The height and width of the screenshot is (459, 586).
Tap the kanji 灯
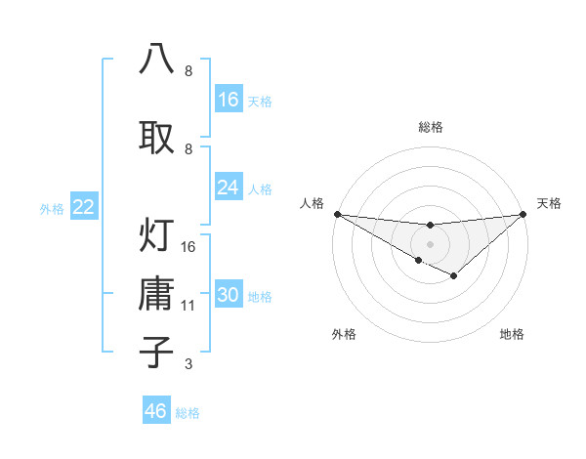point(157,234)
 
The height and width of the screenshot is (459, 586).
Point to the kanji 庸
point(157,294)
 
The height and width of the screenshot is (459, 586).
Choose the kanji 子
point(157,352)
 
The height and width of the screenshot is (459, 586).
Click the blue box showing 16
point(229,100)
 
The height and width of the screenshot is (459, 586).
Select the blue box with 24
point(229,188)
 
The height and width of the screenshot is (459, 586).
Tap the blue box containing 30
point(229,296)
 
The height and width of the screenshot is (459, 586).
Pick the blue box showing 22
point(84,207)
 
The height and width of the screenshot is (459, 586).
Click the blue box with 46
point(156,411)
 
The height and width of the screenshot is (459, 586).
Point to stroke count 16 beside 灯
point(189,247)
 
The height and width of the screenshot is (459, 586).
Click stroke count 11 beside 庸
point(189,306)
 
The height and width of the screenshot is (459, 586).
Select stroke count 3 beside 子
point(188,364)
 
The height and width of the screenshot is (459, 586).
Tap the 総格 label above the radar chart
point(430,127)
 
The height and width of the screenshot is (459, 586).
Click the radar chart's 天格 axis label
point(550,203)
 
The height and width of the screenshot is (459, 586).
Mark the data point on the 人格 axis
point(337,213)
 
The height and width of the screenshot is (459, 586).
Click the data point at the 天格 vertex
point(523,213)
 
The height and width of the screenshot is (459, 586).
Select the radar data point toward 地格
point(454,276)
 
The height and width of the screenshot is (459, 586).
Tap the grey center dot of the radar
point(430,243)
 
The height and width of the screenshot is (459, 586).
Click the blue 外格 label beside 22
point(51,208)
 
